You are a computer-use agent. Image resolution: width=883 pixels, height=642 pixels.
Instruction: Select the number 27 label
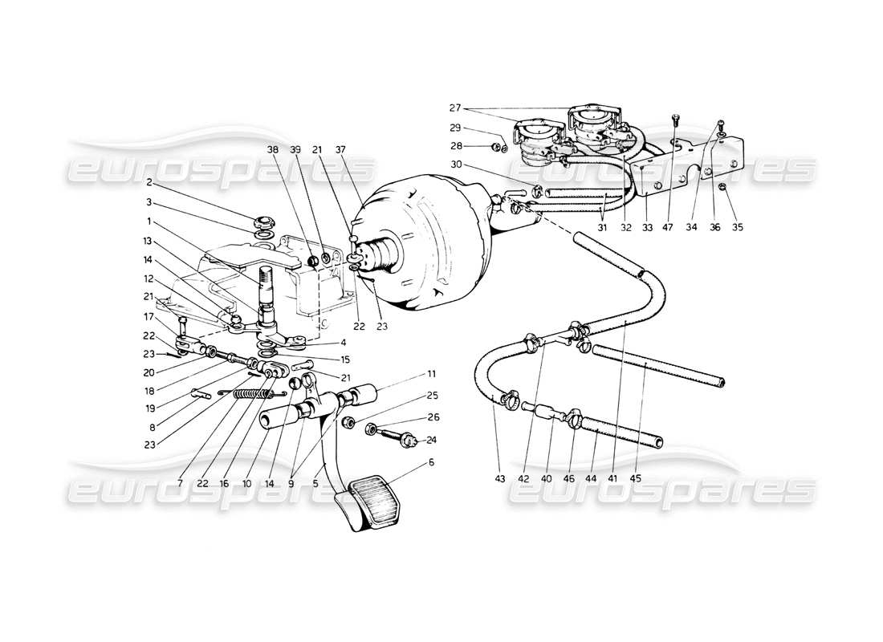pos(454,108)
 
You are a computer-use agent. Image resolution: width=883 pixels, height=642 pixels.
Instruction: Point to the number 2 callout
pos(172,182)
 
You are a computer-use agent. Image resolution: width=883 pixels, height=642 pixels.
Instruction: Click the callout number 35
pos(738,227)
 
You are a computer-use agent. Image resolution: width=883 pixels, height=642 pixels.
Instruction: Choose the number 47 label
pos(668,227)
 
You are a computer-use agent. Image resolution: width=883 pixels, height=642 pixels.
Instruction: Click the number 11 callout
pos(431,374)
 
